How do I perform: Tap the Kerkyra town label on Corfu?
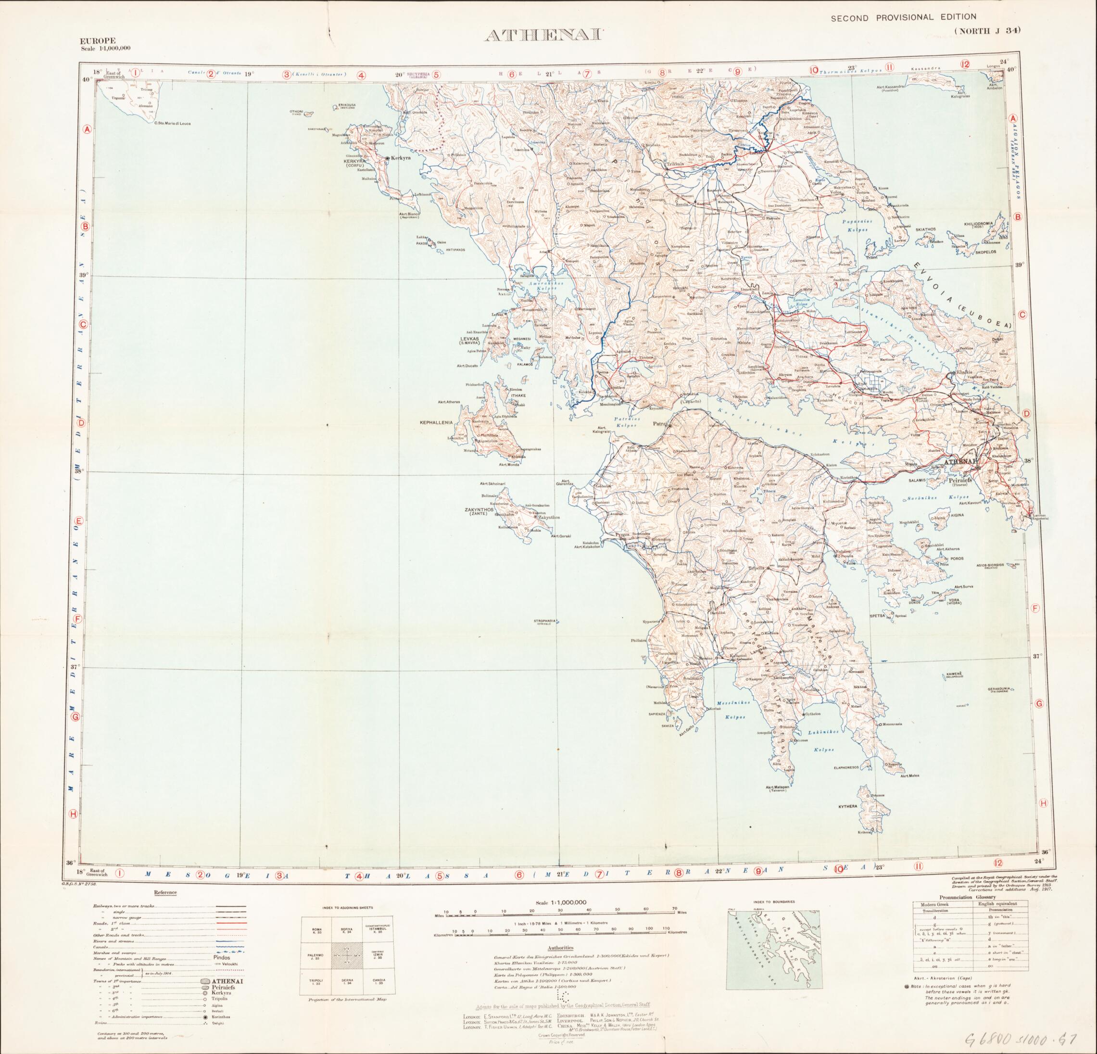[401, 158]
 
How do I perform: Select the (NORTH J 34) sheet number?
[987, 31]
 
